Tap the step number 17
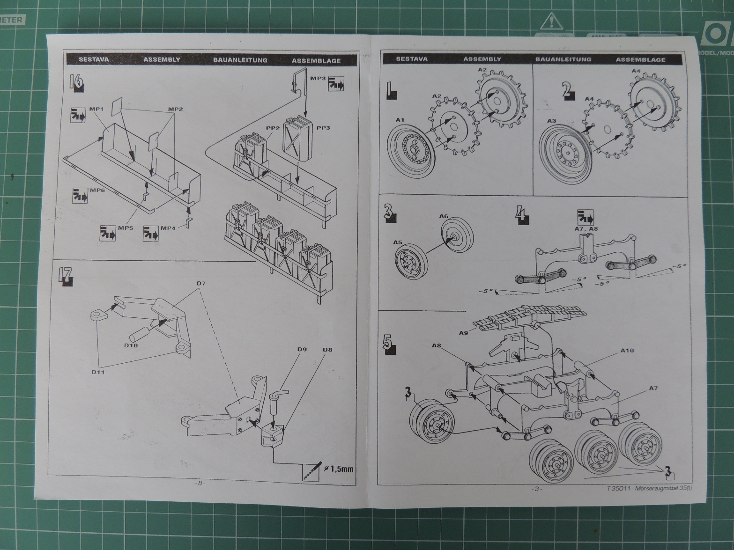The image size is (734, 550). [66, 275]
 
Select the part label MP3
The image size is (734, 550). [318, 78]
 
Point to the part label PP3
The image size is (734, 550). [323, 128]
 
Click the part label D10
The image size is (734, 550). [131, 345]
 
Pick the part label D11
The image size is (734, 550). [98, 372]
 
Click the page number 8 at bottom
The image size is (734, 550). [200, 483]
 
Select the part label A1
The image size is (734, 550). [400, 120]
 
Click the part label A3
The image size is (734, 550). [551, 121]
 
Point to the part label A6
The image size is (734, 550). [444, 216]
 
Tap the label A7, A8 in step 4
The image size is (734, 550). [586, 229]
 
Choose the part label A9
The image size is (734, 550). [463, 333]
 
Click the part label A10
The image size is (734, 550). [627, 350]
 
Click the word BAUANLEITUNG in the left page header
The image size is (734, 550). [240, 60]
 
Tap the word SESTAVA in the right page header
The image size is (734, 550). [411, 59]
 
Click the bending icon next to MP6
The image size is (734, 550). [80, 196]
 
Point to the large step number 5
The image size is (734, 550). [388, 344]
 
